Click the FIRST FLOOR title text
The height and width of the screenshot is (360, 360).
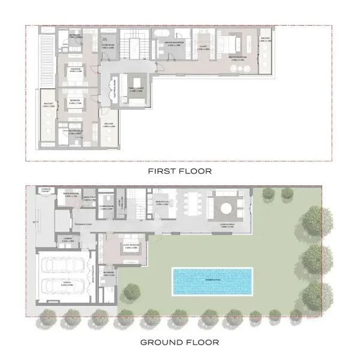[x=180, y=171]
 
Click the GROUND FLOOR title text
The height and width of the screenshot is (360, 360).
[x=180, y=343]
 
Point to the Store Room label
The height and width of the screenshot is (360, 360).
[x=108, y=46]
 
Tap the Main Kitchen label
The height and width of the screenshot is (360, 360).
[x=164, y=203]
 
